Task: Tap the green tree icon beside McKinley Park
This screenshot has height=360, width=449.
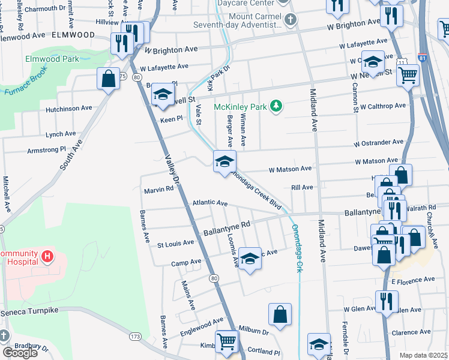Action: pos(276,106)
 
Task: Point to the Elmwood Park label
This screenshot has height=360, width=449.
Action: pos(52,60)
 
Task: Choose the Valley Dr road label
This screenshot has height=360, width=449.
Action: pos(172,169)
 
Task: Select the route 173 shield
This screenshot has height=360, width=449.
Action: pos(136,337)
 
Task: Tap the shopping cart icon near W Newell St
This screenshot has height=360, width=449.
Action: pos(408,75)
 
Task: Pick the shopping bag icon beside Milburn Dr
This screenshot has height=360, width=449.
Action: pos(280,314)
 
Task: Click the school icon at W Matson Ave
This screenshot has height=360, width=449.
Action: pos(225,161)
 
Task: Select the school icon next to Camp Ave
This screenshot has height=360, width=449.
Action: pos(250,258)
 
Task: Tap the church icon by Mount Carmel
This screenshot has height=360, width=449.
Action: pos(290,20)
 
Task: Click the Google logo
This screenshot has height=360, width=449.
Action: pos(19,353)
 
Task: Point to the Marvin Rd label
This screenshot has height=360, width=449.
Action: pos(158,190)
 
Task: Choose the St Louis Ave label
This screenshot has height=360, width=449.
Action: pos(175,244)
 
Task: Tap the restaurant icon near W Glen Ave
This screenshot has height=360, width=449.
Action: pos(387,301)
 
